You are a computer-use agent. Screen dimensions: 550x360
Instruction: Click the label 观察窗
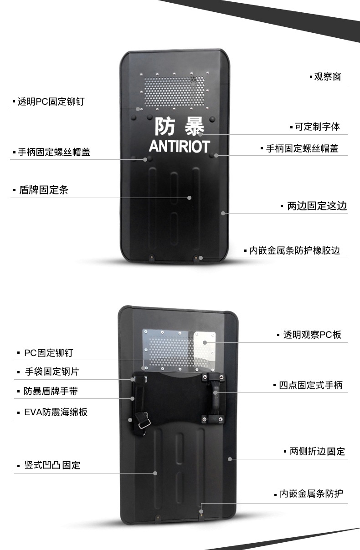click(327, 76)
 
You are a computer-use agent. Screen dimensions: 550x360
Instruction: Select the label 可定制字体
click(317, 127)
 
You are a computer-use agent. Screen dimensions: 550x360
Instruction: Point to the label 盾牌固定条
click(43, 190)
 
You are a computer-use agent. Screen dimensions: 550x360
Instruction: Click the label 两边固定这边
click(317, 206)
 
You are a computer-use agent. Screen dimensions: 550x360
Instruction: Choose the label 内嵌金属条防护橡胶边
click(294, 250)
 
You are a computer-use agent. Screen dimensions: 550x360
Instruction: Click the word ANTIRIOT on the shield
click(179, 146)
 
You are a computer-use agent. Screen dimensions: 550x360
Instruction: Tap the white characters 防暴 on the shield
click(179, 126)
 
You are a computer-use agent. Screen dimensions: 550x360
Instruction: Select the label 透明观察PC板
click(312, 335)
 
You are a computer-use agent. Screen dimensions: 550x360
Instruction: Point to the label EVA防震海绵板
click(56, 412)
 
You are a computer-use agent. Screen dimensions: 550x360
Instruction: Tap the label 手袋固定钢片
click(51, 372)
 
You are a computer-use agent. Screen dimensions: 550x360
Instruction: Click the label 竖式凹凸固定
click(52, 465)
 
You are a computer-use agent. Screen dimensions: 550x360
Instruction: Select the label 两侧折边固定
click(317, 452)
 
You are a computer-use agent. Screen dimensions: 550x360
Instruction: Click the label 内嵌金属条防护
click(311, 494)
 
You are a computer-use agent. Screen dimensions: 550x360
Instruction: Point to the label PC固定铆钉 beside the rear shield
click(48, 352)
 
